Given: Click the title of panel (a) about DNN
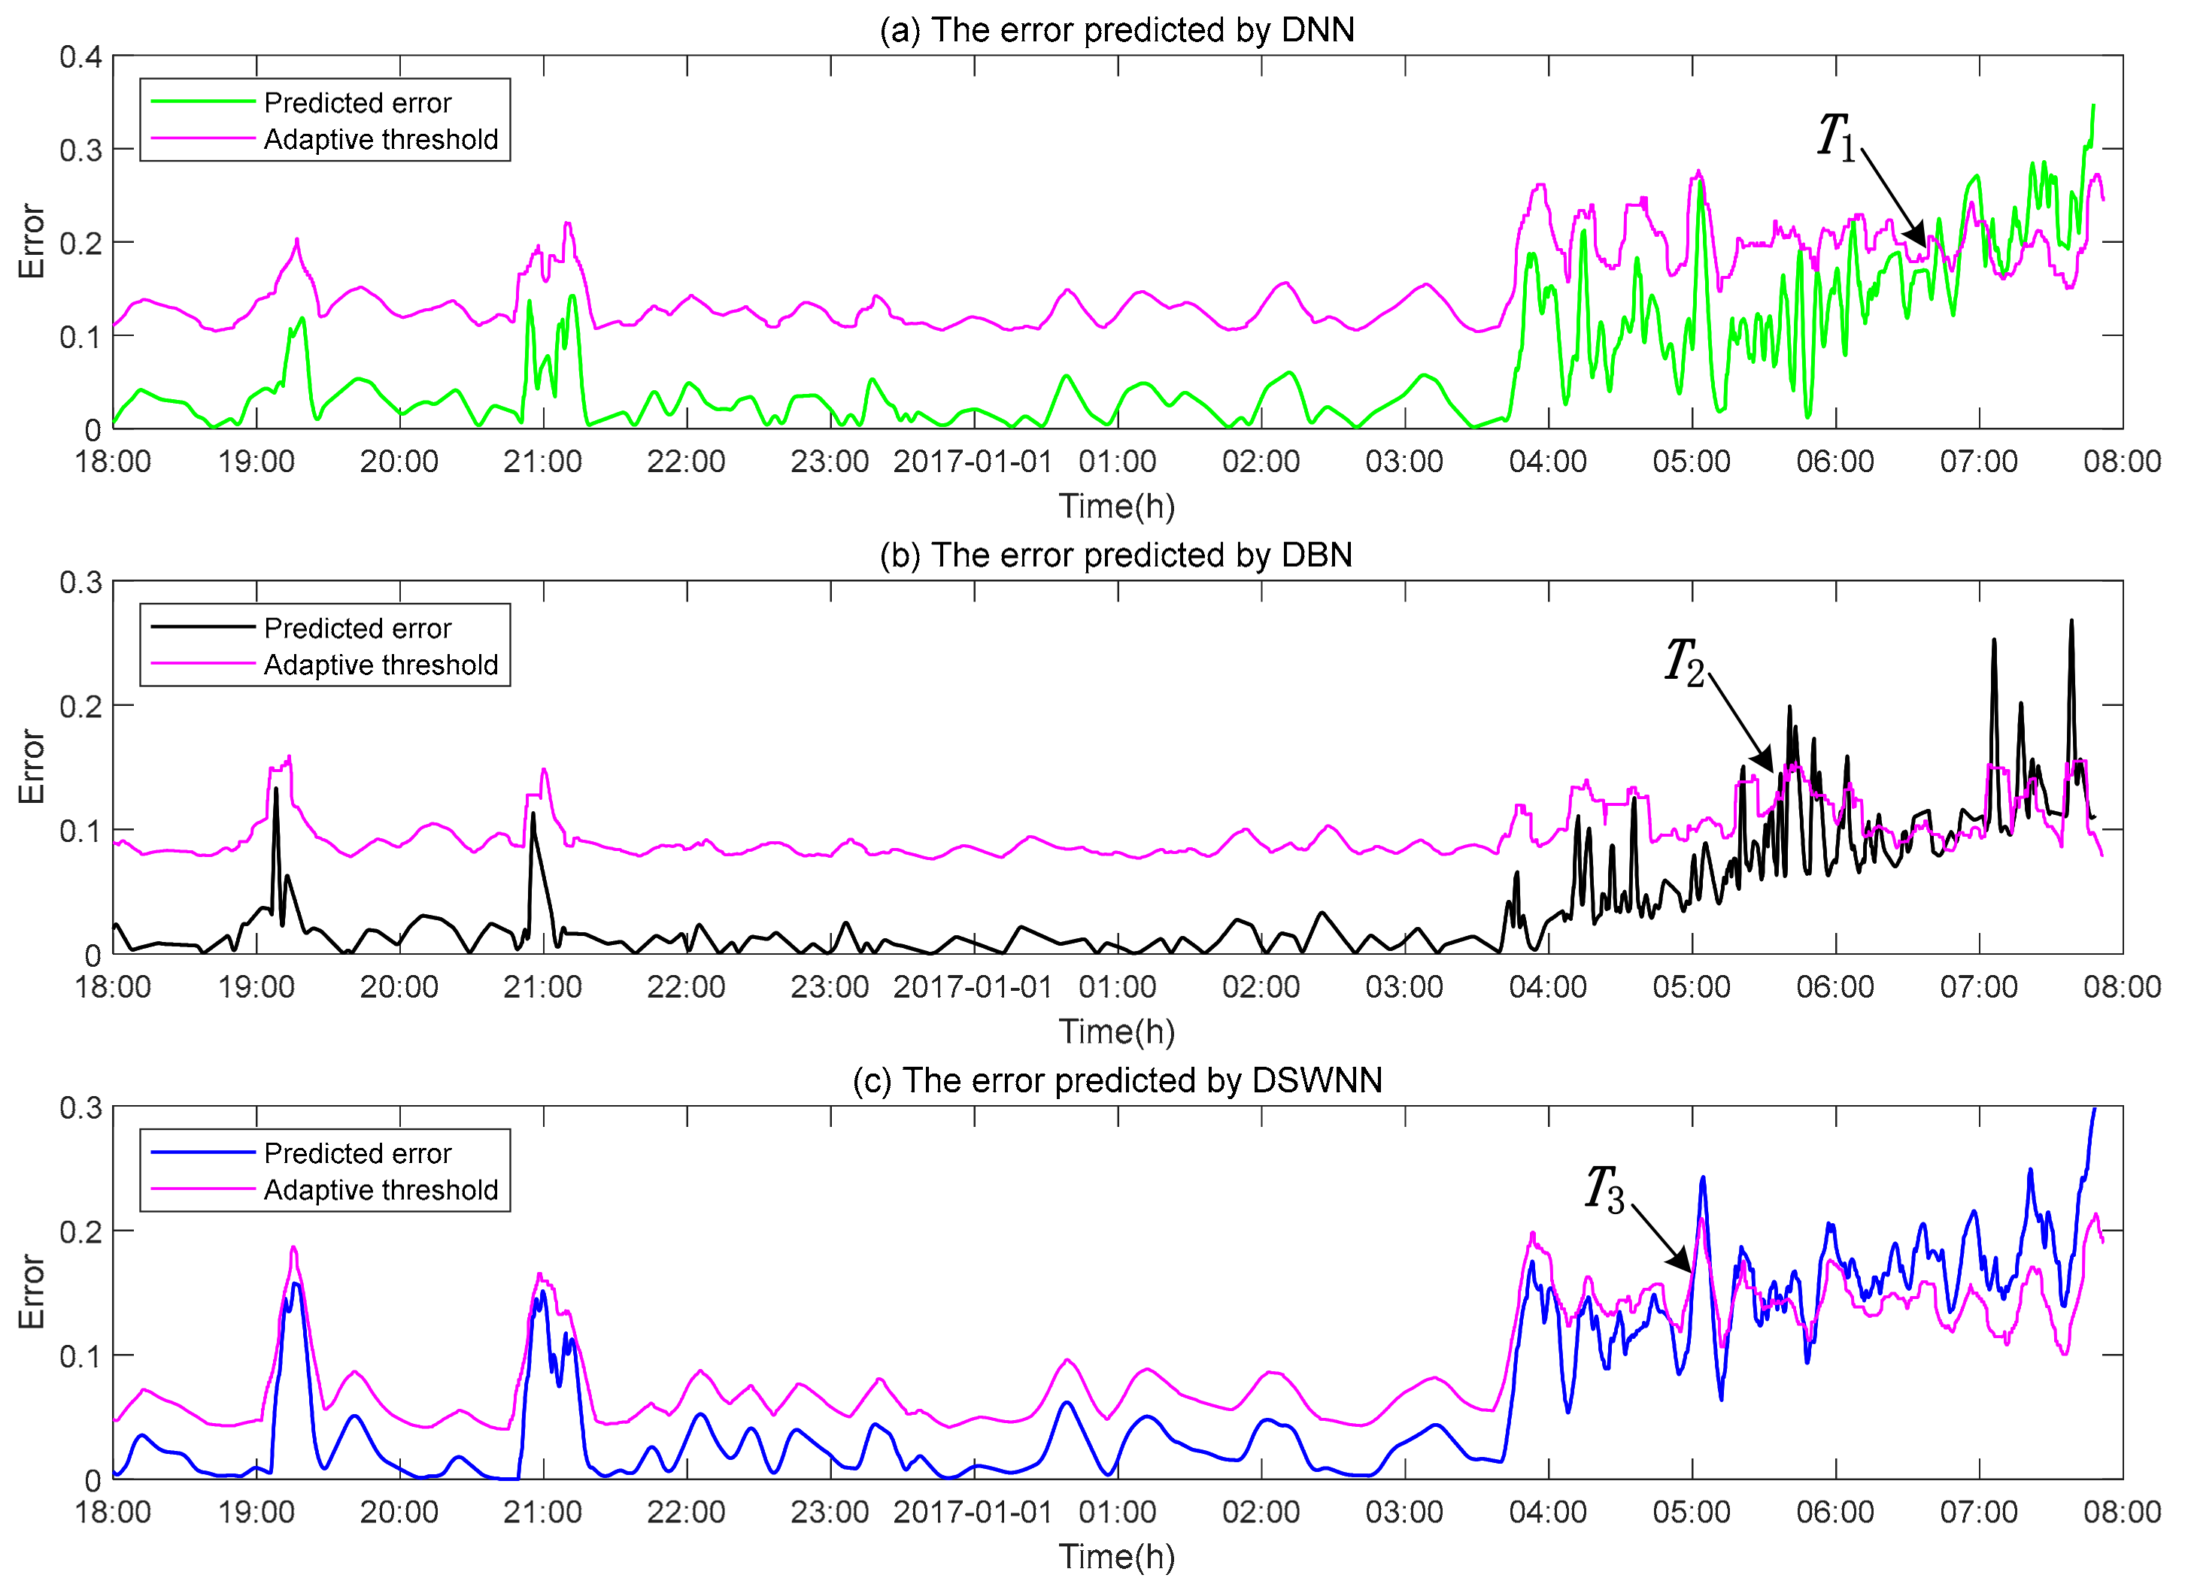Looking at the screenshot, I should [1117, 30].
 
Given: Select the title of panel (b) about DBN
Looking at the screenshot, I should [1117, 556].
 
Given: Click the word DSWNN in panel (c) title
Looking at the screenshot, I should [1317, 1080].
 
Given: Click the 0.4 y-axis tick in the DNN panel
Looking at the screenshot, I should [81, 57].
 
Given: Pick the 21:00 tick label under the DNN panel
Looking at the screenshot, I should [542, 462].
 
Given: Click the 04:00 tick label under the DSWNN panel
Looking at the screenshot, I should [1548, 1512].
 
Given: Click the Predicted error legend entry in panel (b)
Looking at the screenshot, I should [357, 628].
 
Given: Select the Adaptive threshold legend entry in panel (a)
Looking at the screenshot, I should [381, 141].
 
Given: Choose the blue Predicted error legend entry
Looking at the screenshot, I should [357, 1154].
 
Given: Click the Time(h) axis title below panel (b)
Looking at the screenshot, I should [1117, 1032].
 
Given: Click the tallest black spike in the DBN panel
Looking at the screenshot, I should [2071, 622].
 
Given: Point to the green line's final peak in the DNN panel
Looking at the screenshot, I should [2093, 106].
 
